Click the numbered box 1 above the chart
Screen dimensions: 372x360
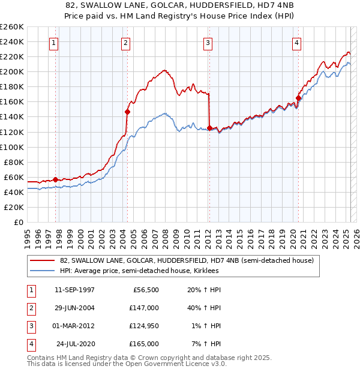click(55, 43)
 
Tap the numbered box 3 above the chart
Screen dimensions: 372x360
click(208, 43)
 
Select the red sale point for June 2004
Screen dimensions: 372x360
click(127, 112)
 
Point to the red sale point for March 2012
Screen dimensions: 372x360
click(209, 128)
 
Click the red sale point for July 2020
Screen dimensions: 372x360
click(298, 98)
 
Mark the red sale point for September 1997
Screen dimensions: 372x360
click(55, 179)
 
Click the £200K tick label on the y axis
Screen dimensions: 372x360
click(11, 71)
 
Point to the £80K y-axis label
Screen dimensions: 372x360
click(14, 162)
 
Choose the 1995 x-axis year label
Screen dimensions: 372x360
click(28, 236)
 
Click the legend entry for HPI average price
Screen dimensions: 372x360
click(139, 271)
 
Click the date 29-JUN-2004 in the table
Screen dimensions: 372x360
click(74, 308)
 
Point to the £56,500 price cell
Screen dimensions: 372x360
click(145, 290)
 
